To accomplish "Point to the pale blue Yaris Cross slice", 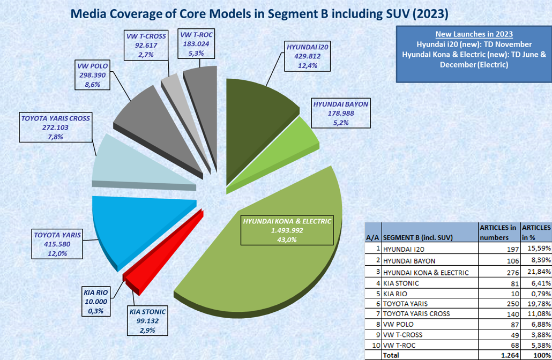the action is [137, 166].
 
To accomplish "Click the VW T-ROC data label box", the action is [196, 43].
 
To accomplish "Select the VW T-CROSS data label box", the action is [146, 45].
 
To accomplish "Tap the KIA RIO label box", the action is [96, 302].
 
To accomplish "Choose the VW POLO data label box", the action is [92, 75].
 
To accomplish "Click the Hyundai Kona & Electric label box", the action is [287, 230].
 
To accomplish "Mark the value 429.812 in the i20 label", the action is [307, 56].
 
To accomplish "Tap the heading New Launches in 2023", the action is [474, 34].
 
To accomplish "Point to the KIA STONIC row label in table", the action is [401, 283].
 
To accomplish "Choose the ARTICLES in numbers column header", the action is [499, 232].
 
